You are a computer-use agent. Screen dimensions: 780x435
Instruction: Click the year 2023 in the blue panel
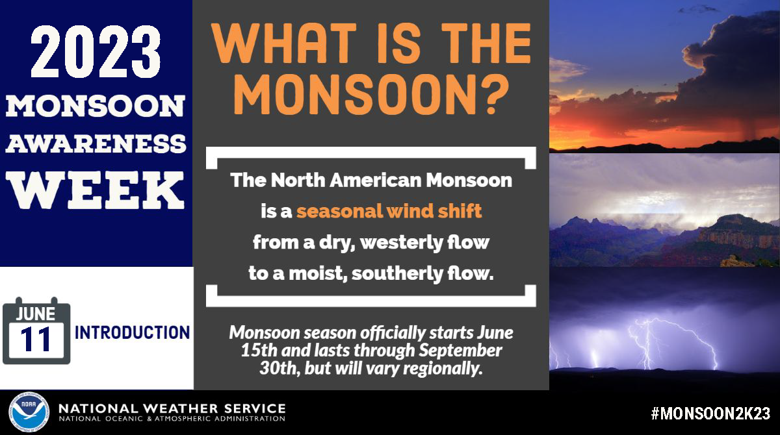tap(96, 52)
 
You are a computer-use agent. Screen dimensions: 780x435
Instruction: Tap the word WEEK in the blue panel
tap(96, 190)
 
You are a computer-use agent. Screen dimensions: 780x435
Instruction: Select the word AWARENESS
tap(96, 144)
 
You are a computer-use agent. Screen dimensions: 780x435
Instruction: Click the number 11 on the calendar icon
tap(36, 340)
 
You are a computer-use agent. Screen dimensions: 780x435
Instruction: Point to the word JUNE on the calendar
tap(36, 314)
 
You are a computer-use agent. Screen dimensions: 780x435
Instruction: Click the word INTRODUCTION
tap(133, 332)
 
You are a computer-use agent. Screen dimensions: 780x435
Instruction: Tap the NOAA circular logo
tap(29, 412)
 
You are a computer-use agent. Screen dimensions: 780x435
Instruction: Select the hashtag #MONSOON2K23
tap(710, 414)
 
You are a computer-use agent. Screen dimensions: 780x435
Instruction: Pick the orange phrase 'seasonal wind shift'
tap(389, 211)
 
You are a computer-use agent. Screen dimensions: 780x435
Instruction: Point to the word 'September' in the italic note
tap(460, 351)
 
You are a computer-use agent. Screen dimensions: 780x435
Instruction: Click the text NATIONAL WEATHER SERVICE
tap(172, 408)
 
